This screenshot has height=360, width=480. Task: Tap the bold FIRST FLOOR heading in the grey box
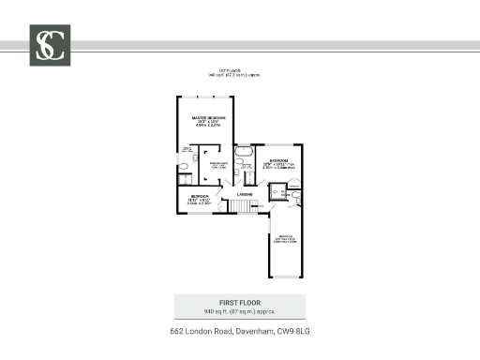click(239, 303)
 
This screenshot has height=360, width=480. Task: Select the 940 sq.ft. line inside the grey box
click(239, 310)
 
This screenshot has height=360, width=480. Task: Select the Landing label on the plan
click(245, 194)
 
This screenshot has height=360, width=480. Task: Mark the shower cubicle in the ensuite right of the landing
click(277, 193)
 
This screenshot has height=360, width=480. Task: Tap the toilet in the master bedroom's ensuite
click(185, 169)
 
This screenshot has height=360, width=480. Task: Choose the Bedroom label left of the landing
click(200, 196)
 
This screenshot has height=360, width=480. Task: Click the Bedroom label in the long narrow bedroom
click(285, 235)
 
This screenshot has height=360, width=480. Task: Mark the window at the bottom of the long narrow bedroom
click(285, 277)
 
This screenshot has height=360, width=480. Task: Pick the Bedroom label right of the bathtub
click(278, 161)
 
